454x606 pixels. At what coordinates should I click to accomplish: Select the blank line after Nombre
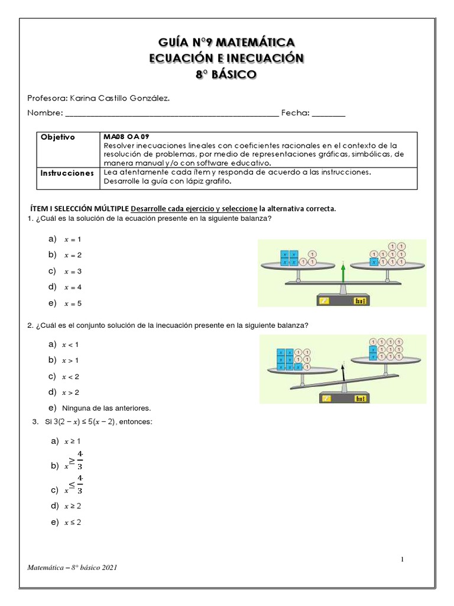[171, 113]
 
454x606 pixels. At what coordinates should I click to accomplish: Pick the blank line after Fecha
[328, 113]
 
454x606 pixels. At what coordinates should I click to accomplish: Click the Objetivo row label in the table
[58, 137]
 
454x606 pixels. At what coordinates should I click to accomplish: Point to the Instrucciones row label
[67, 173]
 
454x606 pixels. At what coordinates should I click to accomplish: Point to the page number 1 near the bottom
[401, 559]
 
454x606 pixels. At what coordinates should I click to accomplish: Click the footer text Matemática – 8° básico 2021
[72, 568]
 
